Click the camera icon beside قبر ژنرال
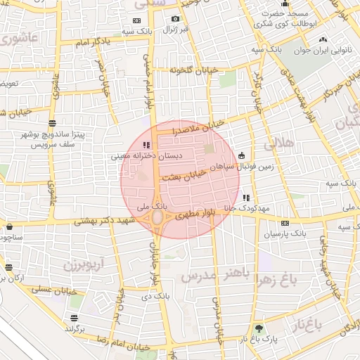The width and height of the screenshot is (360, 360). point(175,19)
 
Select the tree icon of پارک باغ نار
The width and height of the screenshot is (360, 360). point(259,328)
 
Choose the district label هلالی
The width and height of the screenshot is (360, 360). point(280,145)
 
